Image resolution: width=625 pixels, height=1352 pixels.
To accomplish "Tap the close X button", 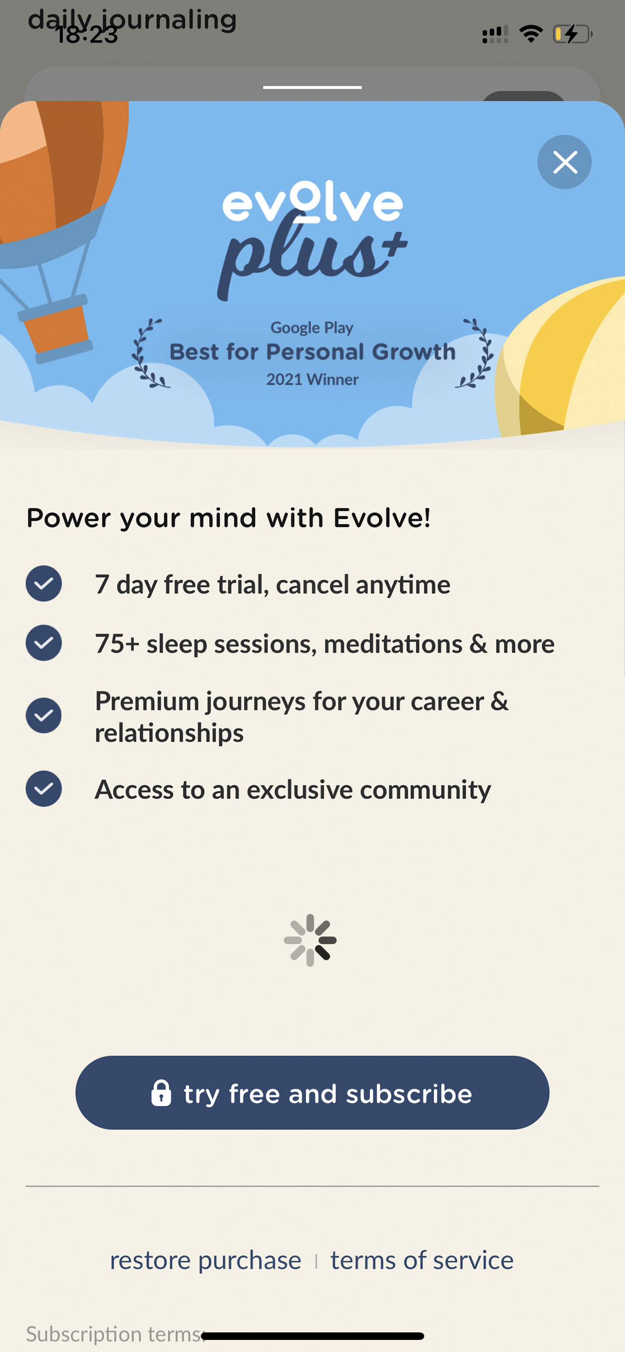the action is tap(565, 162).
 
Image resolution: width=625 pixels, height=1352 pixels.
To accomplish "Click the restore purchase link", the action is tap(205, 1260).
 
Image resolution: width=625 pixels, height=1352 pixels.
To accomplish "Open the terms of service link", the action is tap(422, 1260).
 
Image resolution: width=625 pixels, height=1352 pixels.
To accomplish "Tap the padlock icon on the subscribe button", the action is tap(161, 1093).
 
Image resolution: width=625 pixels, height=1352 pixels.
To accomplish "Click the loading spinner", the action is tap(310, 940).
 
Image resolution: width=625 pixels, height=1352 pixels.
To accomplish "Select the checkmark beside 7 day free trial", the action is tap(43, 583).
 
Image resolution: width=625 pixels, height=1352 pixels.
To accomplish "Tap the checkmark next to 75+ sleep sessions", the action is tap(43, 642).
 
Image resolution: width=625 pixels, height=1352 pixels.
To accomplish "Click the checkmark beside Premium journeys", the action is tap(43, 715).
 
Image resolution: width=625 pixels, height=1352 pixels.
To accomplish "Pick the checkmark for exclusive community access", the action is tap(43, 788).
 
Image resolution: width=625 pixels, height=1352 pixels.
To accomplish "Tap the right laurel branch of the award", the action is tap(475, 353).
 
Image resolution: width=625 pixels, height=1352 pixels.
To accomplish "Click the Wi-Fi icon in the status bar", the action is tap(531, 34).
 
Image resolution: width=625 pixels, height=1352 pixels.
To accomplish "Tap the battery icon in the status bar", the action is tap(573, 34).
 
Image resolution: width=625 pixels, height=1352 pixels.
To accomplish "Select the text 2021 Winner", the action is tap(312, 379).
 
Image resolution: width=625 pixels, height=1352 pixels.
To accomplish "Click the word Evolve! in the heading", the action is tap(383, 518).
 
